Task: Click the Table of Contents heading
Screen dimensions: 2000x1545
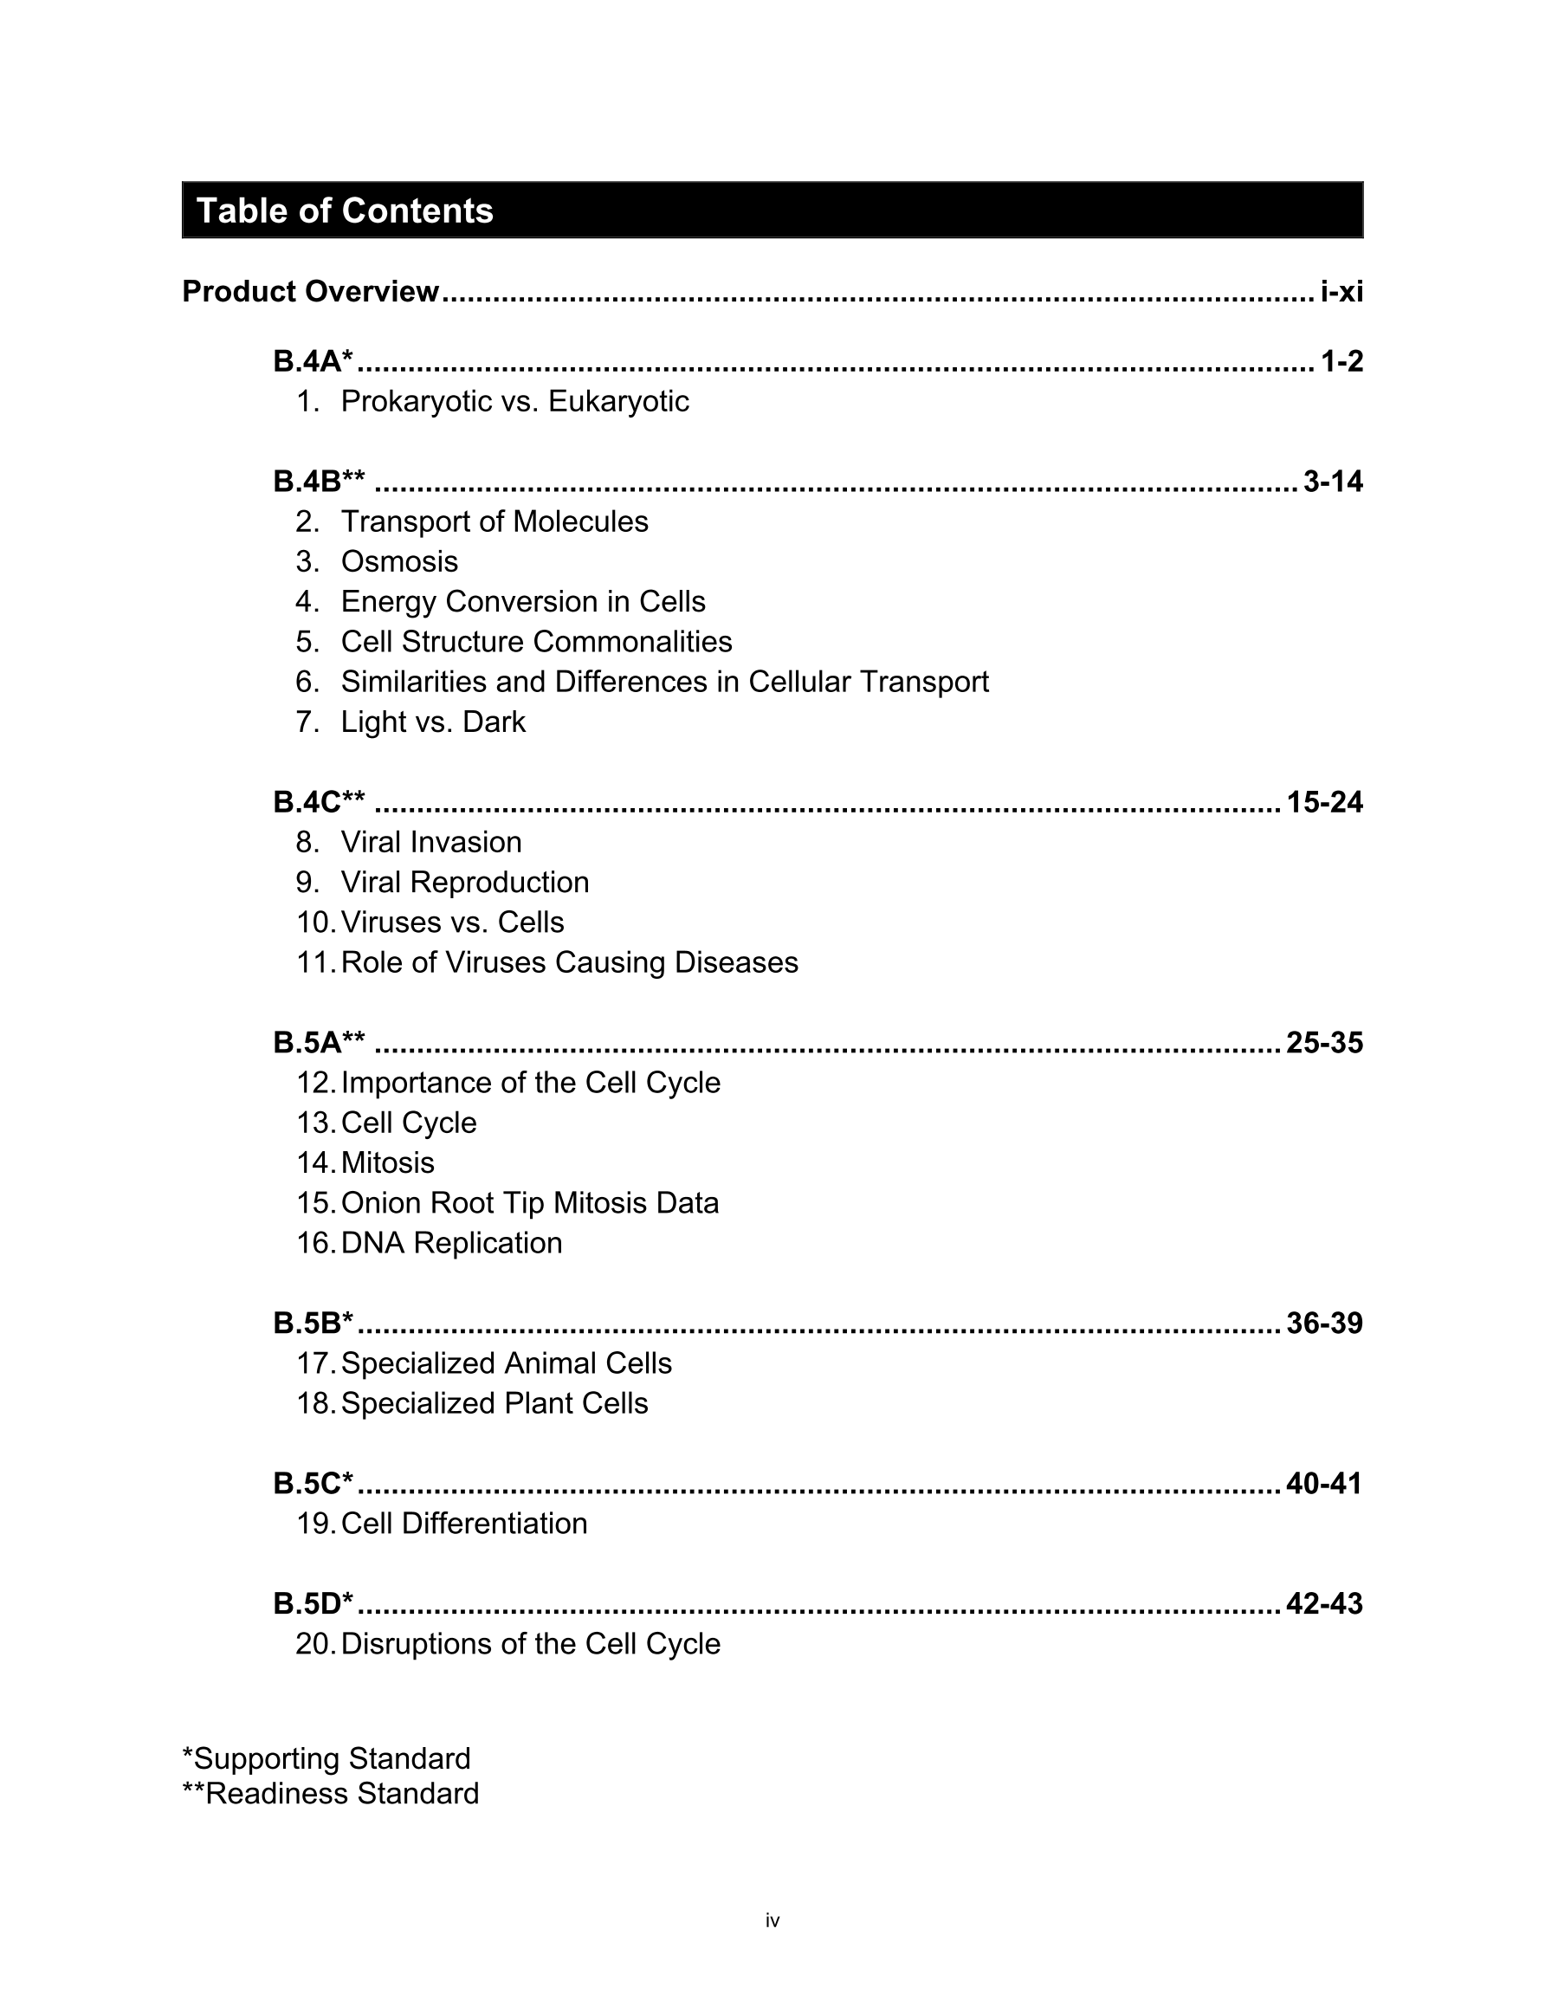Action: (x=346, y=210)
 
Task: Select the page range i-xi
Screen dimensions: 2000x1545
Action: (x=1341, y=292)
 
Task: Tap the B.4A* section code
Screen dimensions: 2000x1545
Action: (x=313, y=362)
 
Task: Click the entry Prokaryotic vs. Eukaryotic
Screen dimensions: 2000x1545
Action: (x=514, y=401)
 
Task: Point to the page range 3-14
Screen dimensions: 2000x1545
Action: (x=1333, y=482)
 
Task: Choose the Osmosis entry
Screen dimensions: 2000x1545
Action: (x=398, y=561)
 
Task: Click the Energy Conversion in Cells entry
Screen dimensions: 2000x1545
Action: (x=523, y=602)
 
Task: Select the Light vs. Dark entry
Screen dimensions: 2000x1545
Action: (x=433, y=722)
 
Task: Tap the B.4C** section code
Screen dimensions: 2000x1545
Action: (x=319, y=802)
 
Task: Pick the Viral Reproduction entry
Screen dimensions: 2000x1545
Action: (x=464, y=882)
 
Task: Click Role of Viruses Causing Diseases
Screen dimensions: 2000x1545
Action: (x=569, y=962)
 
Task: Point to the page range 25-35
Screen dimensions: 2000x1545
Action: (x=1324, y=1043)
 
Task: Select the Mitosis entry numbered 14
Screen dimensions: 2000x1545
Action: (x=387, y=1163)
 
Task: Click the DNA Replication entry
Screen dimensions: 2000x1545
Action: (x=450, y=1243)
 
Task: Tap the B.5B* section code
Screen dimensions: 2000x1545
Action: (x=313, y=1324)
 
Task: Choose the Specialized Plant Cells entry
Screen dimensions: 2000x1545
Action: (x=494, y=1403)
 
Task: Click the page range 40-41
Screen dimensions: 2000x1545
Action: (x=1324, y=1484)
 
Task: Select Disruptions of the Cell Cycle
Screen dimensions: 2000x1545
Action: (x=530, y=1644)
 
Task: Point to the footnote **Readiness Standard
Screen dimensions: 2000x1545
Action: (x=331, y=1793)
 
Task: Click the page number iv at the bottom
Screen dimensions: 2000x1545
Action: (x=772, y=1920)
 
